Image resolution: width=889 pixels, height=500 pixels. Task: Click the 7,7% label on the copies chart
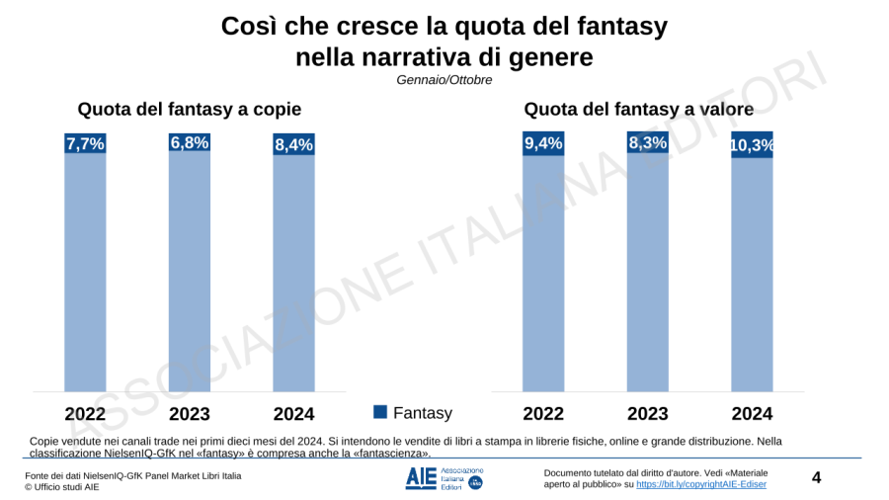coord(85,144)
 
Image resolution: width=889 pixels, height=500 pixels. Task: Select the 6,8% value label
coord(190,142)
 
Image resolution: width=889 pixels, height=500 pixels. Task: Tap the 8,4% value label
coord(293,145)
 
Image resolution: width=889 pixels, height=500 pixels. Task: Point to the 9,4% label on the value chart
coord(543,143)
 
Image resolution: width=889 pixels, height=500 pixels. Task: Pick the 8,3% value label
coord(648,142)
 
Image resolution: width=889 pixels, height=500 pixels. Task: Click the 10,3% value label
coord(752,146)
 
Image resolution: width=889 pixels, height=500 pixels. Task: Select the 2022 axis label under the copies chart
coord(86,413)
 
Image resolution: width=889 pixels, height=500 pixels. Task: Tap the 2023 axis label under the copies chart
coord(190,413)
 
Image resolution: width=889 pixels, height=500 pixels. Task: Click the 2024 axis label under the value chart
coord(752,413)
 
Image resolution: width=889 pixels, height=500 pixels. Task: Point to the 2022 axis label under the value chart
coord(543,413)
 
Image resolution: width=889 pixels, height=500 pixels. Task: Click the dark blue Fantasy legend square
coord(380,412)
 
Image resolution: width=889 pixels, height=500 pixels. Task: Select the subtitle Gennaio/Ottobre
coord(444,79)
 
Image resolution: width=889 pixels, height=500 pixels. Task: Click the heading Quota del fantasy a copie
coord(190,109)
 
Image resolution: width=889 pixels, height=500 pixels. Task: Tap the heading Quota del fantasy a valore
coord(638,109)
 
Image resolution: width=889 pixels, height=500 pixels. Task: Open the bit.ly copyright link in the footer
coord(700,484)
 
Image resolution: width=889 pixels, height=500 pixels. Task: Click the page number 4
coord(816,478)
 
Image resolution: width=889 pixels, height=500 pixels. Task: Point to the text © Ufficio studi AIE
coord(62,487)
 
